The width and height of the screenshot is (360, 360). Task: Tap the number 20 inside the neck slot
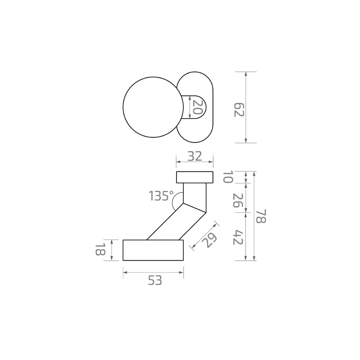pyautogui.click(x=198, y=107)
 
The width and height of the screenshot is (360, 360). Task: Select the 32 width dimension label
pyautogui.click(x=195, y=156)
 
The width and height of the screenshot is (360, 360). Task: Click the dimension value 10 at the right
pyautogui.click(x=228, y=177)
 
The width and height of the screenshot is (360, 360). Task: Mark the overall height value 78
pyautogui.click(x=261, y=216)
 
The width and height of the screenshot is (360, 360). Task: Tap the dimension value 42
pyautogui.click(x=238, y=237)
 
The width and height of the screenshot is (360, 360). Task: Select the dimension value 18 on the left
pyautogui.click(x=100, y=249)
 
